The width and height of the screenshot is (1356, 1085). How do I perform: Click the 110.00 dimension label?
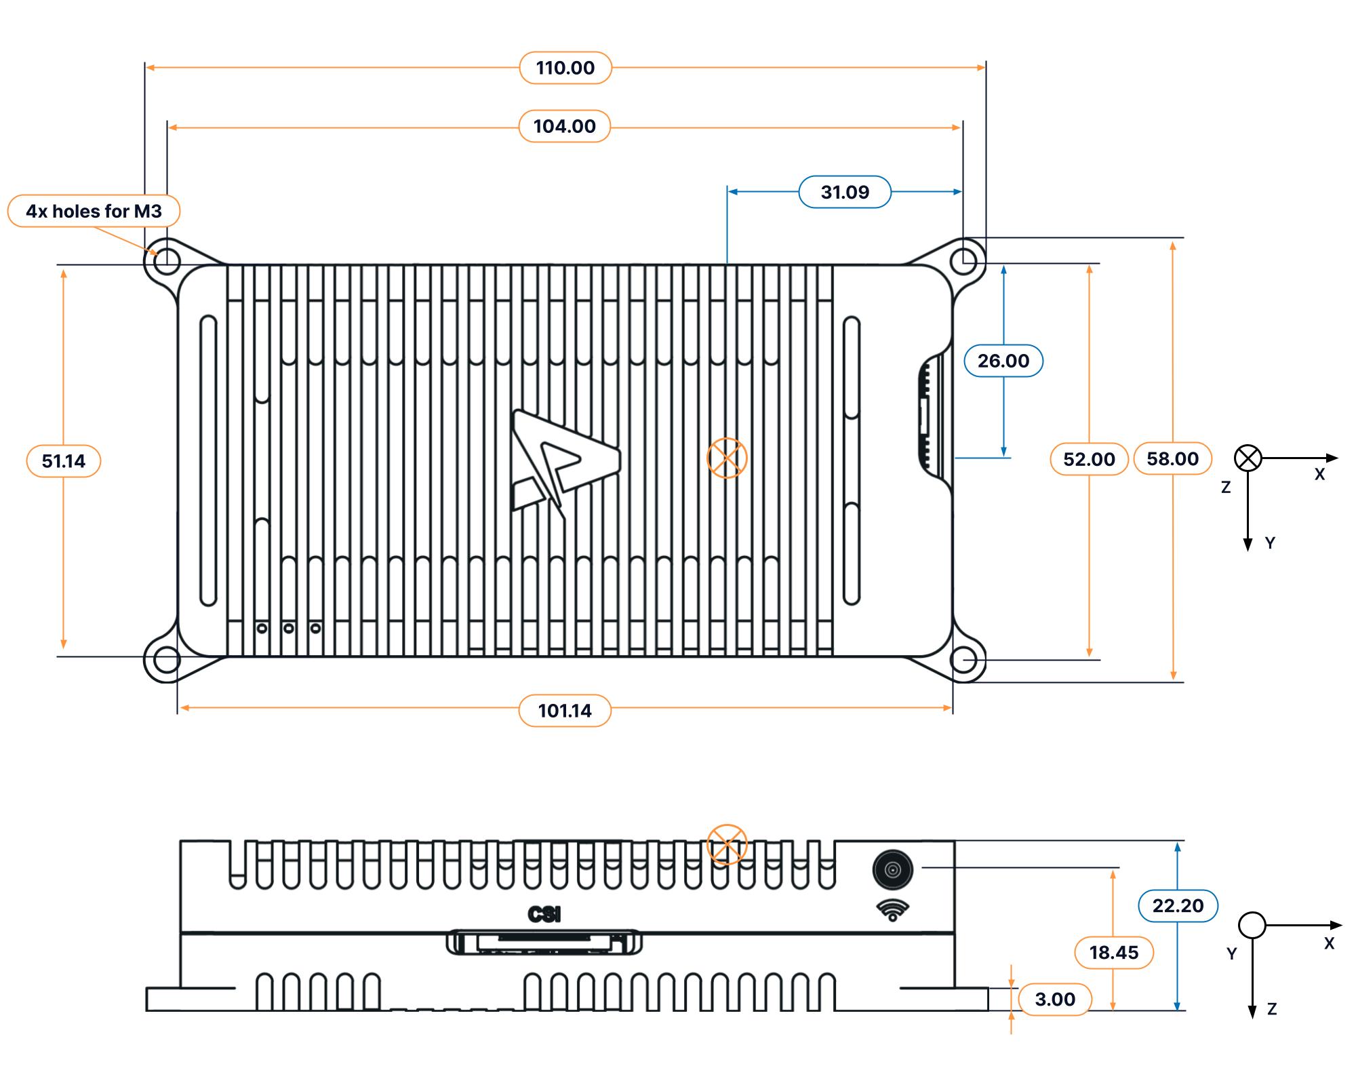(565, 68)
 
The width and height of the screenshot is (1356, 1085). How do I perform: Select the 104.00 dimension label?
(564, 126)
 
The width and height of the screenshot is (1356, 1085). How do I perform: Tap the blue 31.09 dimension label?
(844, 192)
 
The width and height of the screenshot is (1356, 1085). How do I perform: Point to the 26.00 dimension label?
(1003, 361)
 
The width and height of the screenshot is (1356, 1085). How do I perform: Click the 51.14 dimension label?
(64, 461)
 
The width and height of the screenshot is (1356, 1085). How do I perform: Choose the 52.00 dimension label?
(1088, 459)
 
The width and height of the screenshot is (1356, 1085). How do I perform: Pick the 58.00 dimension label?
(1172, 458)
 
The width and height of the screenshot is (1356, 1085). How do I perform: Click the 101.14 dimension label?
(564, 711)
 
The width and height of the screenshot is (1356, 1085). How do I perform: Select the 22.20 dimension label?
(1178, 905)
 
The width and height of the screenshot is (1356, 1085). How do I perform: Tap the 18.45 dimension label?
(1113, 952)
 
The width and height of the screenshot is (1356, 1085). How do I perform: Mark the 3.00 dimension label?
(1054, 999)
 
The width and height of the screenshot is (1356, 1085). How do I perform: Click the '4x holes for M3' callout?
(94, 211)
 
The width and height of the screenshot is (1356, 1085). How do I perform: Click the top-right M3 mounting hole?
(963, 260)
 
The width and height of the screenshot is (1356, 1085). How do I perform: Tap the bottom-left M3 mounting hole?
(167, 659)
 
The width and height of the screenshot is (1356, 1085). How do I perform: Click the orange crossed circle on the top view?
(727, 458)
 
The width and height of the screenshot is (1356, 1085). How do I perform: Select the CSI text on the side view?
(544, 915)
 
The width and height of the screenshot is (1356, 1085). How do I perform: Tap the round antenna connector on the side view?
(892, 869)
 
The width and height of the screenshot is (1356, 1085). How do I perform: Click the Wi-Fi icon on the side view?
(892, 910)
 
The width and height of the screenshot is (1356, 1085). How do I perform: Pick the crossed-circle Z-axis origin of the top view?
(1248, 458)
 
